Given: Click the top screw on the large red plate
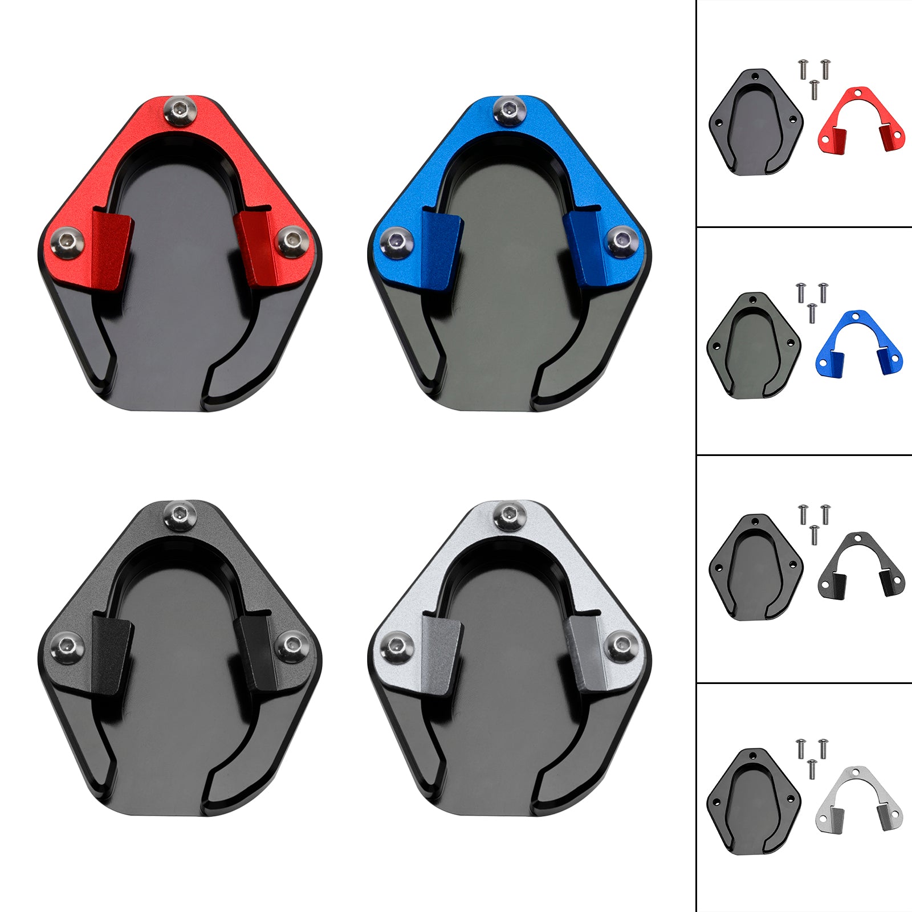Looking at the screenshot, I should click(x=180, y=110).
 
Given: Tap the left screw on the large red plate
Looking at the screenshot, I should click(x=68, y=243).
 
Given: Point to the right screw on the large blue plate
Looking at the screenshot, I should click(x=621, y=239).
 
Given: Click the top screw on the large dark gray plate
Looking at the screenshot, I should click(x=180, y=515).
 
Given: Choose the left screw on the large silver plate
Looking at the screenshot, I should click(x=396, y=649).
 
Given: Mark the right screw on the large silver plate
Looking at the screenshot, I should click(x=621, y=645).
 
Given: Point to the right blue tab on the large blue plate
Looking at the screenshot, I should click(x=583, y=246).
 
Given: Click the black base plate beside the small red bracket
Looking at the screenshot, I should click(x=755, y=123).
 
